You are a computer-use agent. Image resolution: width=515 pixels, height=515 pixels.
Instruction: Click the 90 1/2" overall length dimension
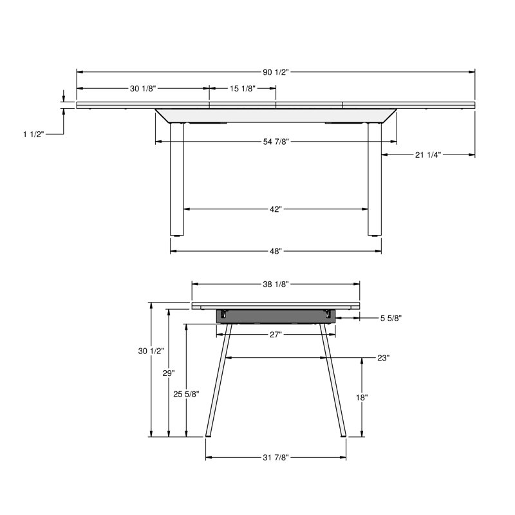276,72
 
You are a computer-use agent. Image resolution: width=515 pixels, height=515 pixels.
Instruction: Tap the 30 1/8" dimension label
143,88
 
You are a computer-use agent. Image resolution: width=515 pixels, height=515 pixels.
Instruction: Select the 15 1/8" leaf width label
243,88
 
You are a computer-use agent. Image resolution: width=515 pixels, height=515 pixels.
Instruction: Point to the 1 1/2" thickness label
33,134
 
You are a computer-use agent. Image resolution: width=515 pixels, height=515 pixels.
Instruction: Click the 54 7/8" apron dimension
276,142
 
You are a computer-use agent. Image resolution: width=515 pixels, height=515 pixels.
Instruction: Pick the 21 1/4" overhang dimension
427,154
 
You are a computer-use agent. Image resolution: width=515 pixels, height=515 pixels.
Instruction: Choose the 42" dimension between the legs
276,209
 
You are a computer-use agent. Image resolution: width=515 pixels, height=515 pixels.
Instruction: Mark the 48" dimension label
276,251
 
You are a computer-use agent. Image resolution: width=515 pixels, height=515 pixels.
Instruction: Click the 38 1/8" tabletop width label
276,284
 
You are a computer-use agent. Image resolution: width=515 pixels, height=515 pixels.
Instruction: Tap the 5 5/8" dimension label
391,318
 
